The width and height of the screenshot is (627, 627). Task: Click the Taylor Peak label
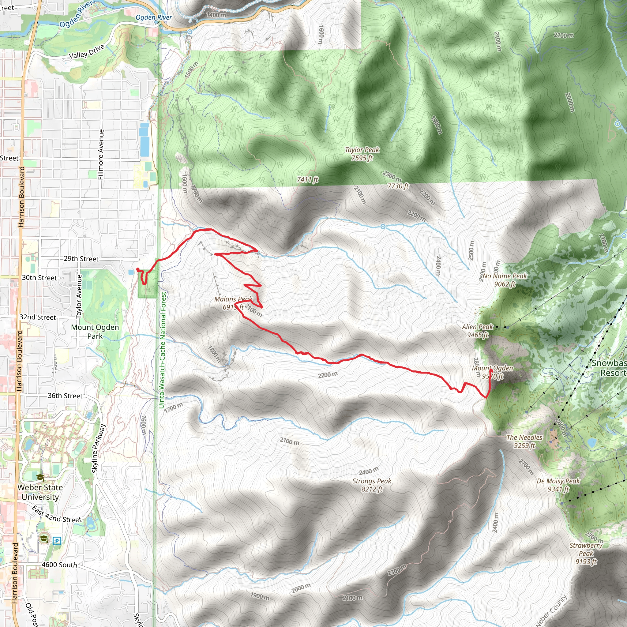[362, 154]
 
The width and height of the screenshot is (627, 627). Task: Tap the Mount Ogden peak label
[492, 372]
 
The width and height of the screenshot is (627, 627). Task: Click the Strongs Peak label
[372, 485]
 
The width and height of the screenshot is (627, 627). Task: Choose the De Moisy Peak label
[558, 485]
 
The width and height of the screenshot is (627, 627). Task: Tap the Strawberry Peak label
[586, 553]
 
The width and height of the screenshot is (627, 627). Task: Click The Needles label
[524, 441]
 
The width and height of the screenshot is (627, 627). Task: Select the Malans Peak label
[233, 303]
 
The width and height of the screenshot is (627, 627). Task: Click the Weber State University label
[40, 492]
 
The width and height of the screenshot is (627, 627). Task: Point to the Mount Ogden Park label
[95, 331]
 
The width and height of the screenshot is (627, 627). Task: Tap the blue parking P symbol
[57, 541]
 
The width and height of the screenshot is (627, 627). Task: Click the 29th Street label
[81, 259]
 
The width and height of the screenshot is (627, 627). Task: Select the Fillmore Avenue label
[101, 154]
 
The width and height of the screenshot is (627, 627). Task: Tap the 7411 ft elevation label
[307, 179]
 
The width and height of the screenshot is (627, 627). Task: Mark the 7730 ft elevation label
[398, 186]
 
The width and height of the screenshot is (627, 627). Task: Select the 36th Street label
[65, 396]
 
